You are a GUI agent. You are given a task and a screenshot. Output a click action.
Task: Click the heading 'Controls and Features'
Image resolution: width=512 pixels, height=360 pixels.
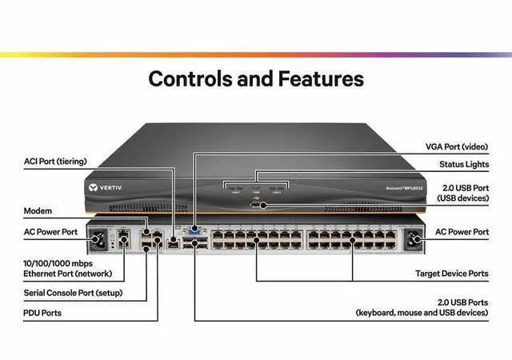tap(256, 79)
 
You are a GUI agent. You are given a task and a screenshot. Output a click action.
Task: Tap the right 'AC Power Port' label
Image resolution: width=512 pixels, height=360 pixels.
tap(462, 232)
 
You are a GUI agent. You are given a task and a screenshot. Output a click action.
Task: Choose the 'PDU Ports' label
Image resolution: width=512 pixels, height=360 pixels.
tap(42, 313)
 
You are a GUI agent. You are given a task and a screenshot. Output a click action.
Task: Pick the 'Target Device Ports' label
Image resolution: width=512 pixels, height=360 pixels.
tap(452, 274)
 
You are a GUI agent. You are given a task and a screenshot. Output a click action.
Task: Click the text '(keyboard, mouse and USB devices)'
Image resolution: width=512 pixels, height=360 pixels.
tap(421, 313)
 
